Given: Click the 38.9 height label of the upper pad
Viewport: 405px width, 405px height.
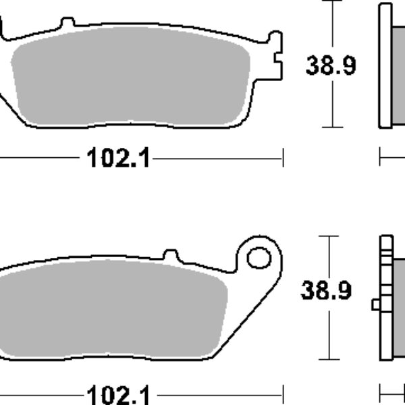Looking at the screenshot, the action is point(331,65).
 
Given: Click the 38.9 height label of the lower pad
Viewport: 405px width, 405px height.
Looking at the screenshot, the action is point(326,290).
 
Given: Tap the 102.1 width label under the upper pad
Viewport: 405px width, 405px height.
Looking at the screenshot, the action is point(119,157).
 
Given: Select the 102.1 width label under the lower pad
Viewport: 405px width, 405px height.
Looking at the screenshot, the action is point(119,395).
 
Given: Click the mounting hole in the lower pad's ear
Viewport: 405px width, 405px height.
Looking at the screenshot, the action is point(259,258).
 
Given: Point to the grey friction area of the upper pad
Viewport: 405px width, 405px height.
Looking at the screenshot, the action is point(131,76).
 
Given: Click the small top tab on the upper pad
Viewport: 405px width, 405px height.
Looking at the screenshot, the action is point(67,22).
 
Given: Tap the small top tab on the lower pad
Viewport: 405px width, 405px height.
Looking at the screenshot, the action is point(171,254).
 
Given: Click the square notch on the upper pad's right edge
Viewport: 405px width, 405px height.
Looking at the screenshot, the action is point(278,57).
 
